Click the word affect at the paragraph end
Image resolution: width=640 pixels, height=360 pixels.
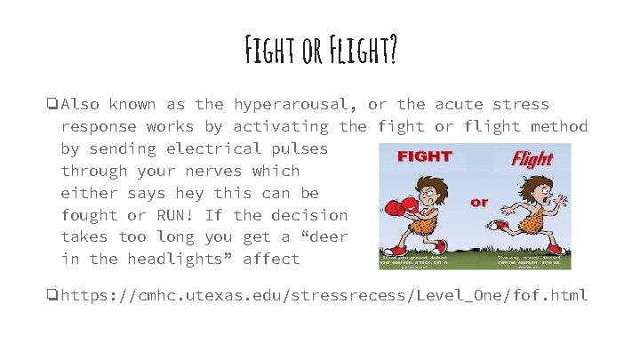[272, 259]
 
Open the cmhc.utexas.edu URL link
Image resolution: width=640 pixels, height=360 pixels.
[324, 294]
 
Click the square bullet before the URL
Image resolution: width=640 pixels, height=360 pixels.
[54, 294]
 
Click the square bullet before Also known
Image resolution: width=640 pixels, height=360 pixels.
[54, 105]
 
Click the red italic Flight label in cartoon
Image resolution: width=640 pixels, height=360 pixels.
[531, 160]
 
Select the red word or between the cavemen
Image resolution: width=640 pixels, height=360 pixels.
[480, 202]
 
